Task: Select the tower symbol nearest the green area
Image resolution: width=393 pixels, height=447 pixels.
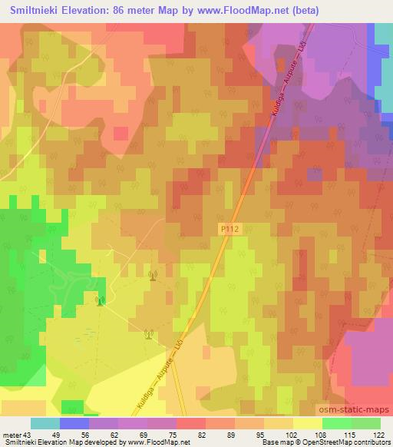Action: (100, 301)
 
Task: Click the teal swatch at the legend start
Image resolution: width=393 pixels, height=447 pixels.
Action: (45, 423)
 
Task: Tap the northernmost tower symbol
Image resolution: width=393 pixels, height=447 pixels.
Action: (152, 274)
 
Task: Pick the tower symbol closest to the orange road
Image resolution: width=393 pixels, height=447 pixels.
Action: (149, 333)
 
